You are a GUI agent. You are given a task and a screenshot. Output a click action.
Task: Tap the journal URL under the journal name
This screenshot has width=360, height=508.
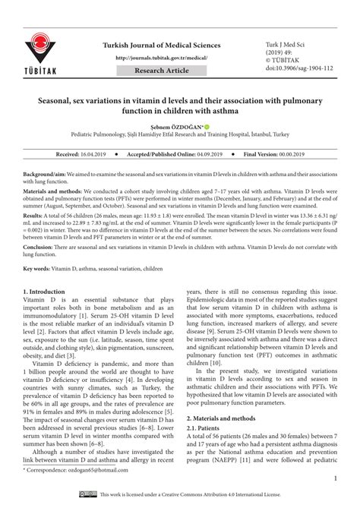[x=162, y=58]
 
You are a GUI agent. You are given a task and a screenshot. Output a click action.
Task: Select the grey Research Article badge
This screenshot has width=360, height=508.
[x=162, y=70]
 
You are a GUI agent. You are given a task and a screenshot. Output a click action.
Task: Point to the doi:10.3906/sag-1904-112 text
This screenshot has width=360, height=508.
[x=297, y=68]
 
